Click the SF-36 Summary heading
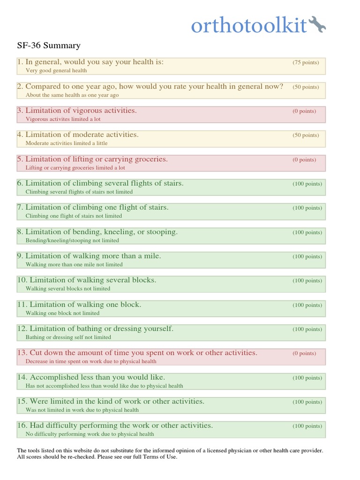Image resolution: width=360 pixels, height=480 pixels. coord(49,45)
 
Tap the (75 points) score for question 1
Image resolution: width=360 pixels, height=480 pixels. coord(306,62)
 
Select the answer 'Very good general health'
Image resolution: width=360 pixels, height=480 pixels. coord(56,70)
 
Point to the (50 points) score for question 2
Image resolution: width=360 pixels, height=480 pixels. coord(306,87)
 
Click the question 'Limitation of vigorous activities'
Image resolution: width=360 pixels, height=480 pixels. coord(81,111)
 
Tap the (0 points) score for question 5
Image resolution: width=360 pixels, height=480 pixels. coord(304,159)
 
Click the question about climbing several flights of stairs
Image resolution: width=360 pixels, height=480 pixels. coord(104,183)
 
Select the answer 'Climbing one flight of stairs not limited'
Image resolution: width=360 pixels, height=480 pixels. coord(74,216)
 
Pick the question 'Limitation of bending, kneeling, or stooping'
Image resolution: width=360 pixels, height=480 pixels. coord(101,232)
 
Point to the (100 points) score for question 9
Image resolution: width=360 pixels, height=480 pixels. coord(307,256)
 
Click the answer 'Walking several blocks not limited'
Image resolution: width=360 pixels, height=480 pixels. coord(68,289)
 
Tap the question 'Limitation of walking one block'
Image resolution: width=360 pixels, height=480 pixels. coord(83,304)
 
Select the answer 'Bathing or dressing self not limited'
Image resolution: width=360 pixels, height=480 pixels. coord(68,337)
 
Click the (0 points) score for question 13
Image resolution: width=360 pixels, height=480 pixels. coord(304,353)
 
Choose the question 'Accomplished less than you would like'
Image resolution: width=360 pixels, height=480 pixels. coord(95,377)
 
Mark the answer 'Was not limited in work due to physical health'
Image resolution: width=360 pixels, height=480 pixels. coord(82,410)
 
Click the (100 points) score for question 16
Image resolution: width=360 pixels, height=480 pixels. coord(307,426)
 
